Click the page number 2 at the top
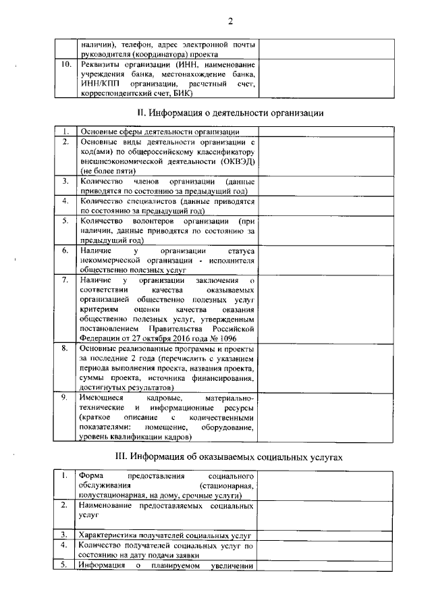tap(230, 21)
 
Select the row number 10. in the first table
tap(66, 65)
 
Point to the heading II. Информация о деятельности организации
tap(230, 112)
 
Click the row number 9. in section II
tap(66, 398)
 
